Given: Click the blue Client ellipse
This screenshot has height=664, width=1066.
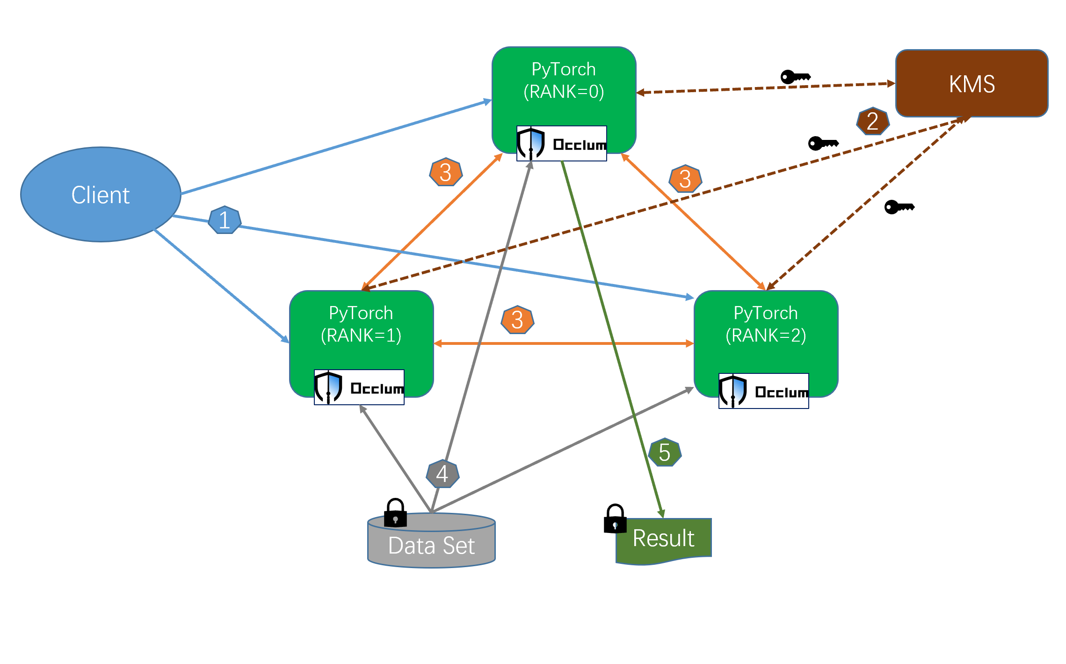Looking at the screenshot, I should click(101, 195).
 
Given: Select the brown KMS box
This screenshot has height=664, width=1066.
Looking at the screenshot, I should click(972, 84).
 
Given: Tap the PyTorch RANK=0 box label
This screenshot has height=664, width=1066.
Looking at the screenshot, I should click(564, 80).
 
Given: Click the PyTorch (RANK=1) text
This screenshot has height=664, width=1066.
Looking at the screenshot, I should click(361, 324).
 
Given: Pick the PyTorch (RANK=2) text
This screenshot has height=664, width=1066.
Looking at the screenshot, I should click(766, 324).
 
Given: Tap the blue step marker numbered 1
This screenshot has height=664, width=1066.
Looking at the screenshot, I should click(225, 220).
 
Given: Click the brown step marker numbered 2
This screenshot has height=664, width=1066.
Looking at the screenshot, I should click(872, 121).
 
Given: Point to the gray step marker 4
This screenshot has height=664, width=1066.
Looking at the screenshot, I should click(442, 474).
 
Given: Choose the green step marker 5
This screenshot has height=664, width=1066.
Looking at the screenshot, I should click(665, 452).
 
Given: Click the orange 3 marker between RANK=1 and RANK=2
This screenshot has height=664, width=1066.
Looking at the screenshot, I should click(517, 320).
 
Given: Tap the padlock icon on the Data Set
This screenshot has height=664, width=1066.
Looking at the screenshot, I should click(395, 513).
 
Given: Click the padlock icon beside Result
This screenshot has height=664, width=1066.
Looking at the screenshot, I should click(615, 518).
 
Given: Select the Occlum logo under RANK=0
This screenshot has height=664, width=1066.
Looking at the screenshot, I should click(561, 144).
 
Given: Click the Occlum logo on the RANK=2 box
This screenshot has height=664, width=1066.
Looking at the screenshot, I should click(763, 391).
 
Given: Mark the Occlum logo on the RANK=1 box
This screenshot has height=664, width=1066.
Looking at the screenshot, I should click(359, 387).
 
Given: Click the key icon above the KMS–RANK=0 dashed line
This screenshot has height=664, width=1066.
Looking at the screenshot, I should click(795, 77).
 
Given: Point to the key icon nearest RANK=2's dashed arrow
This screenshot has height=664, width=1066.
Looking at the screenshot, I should click(899, 207).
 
